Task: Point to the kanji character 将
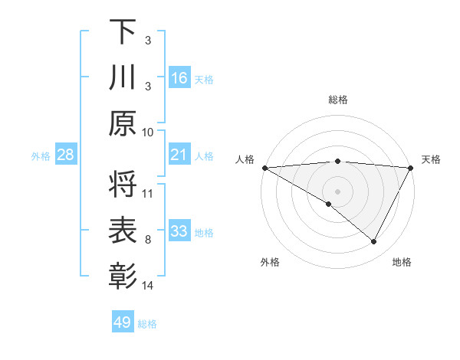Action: pos(123,183)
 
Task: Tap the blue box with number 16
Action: pos(179,78)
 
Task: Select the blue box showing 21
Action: pos(179,155)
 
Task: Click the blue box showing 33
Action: pos(179,232)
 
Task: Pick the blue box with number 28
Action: pos(66,155)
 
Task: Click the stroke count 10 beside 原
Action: pos(148,132)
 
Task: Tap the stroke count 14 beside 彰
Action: pos(148,286)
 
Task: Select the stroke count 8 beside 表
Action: pos(148,240)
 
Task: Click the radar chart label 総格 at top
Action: pos(337,100)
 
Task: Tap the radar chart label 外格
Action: pos(270,262)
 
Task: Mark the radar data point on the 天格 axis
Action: pos(411,168)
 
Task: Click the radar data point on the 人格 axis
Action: pos(264,168)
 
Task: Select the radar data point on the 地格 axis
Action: pos(374,242)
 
